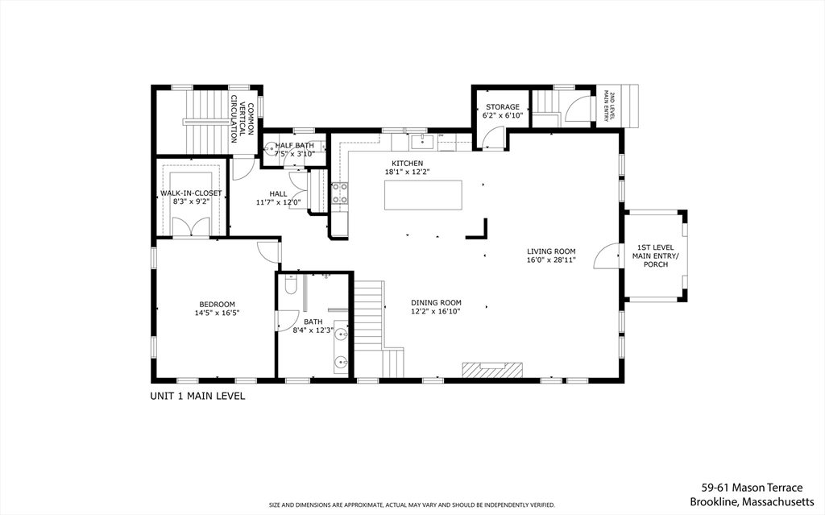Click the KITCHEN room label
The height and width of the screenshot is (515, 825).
click(407, 163)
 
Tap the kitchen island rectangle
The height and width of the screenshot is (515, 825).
click(424, 195)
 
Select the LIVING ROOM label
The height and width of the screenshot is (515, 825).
click(551, 251)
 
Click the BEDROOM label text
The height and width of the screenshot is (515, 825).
click(218, 304)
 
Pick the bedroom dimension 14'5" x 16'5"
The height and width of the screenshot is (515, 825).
click(218, 313)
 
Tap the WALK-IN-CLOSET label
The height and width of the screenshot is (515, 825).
click(191, 193)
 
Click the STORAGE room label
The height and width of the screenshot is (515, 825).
click(502, 106)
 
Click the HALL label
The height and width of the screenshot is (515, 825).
click(278, 193)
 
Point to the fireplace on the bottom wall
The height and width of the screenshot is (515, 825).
click(491, 369)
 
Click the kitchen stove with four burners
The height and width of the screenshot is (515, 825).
click(339, 193)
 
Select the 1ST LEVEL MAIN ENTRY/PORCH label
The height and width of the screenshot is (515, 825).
click(655, 255)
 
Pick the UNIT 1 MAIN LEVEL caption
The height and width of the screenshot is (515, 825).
click(197, 396)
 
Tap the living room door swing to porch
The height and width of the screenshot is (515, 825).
click(606, 255)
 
